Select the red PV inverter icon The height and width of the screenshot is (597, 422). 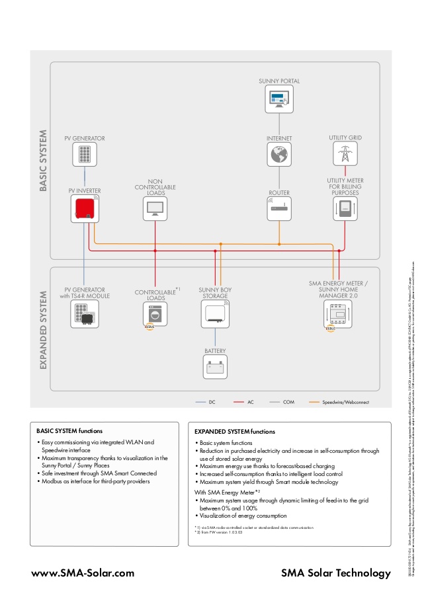point(85,209)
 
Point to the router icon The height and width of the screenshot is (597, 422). point(280,210)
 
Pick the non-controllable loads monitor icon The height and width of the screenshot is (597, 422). point(155,209)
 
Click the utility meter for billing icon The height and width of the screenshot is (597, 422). point(345,209)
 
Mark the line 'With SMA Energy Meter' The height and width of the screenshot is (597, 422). point(227,492)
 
